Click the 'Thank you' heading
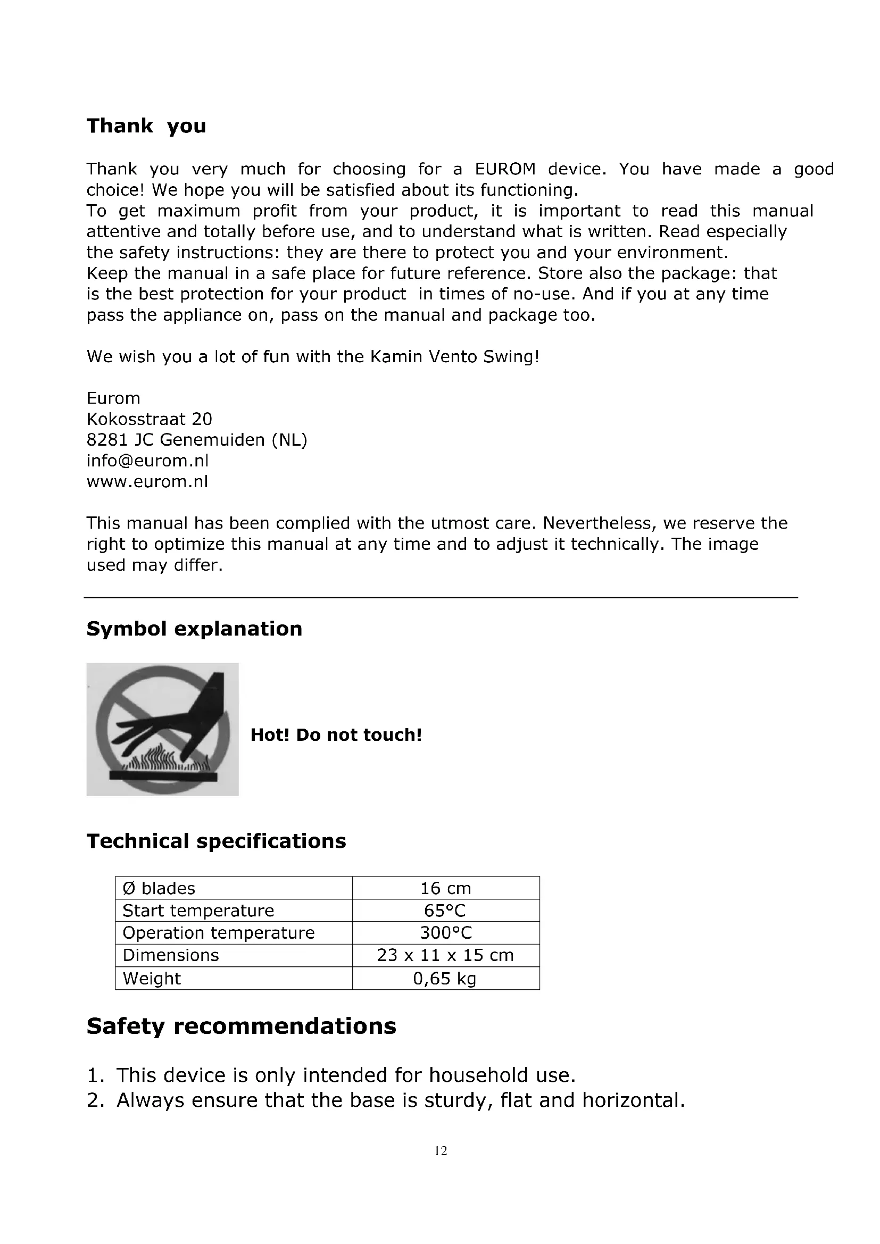pyautogui.click(x=146, y=126)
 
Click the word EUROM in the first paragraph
pyautogui.click(x=505, y=169)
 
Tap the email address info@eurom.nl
pyautogui.click(x=147, y=461)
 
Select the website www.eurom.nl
pyautogui.click(x=147, y=482)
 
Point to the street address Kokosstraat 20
pyautogui.click(x=150, y=419)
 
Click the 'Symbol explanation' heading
pyautogui.click(x=194, y=629)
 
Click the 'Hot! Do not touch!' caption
pyautogui.click(x=336, y=734)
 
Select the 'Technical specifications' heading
pyautogui.click(x=216, y=841)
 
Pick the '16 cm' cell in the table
pyautogui.click(x=445, y=888)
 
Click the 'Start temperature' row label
pyautogui.click(x=198, y=910)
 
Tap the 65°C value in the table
pyautogui.click(x=445, y=910)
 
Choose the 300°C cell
pyautogui.click(x=445, y=932)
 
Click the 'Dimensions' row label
pyautogui.click(x=171, y=955)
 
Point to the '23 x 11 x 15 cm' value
pyautogui.click(x=445, y=955)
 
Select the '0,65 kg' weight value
pyautogui.click(x=445, y=978)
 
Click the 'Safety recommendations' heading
pyautogui.click(x=241, y=1025)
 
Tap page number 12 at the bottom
pyautogui.click(x=441, y=1151)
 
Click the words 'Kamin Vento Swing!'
pyautogui.click(x=455, y=356)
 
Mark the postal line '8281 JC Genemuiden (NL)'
pyautogui.click(x=197, y=439)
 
